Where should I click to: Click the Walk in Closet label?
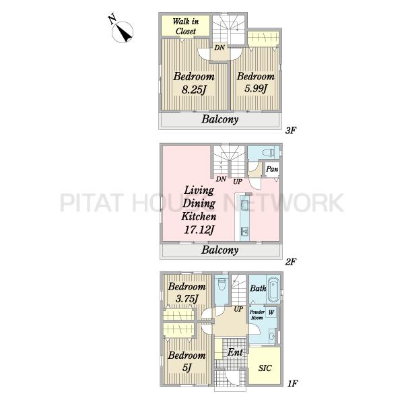click(186, 26)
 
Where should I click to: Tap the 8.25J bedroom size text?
click(194, 90)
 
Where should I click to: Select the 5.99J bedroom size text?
click(255, 89)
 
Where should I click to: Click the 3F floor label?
click(290, 131)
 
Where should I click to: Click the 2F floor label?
click(290, 262)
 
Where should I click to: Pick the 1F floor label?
click(292, 384)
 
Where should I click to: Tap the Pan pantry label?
click(272, 169)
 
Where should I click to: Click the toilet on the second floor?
click(267, 153)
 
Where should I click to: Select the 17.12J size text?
click(199, 230)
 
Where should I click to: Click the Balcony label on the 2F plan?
click(220, 250)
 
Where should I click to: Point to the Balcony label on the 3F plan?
click(220, 120)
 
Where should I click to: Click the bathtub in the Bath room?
click(273, 290)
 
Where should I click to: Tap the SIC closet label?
click(265, 368)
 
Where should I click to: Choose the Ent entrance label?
click(235, 352)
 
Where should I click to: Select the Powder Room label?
click(257, 315)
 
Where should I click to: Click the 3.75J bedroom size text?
click(187, 299)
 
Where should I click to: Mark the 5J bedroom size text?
click(187, 368)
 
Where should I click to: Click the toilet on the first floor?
click(222, 285)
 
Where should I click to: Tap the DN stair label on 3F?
click(220, 47)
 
